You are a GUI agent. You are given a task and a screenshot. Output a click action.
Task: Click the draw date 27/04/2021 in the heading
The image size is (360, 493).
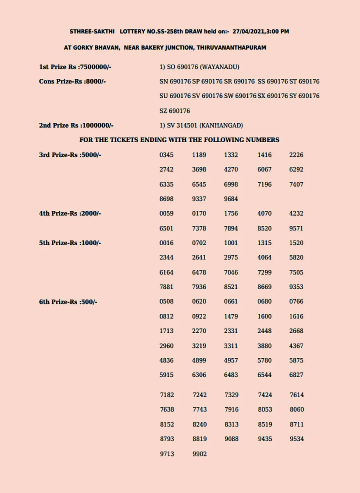(248, 31)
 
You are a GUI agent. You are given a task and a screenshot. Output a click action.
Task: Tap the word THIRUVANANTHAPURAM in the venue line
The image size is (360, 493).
(231, 48)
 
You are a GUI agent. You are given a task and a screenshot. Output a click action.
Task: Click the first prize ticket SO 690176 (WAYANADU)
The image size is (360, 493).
(199, 67)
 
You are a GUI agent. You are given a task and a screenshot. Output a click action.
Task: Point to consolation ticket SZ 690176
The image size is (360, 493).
(175, 111)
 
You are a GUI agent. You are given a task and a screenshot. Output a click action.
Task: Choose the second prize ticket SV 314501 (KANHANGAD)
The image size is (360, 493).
(201, 125)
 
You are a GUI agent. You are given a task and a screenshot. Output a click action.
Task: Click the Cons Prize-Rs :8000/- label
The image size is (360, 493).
(72, 81)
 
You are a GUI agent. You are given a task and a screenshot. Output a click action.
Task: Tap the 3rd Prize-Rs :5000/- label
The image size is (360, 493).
(70, 155)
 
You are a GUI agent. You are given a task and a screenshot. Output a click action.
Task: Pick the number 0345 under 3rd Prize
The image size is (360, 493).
(166, 155)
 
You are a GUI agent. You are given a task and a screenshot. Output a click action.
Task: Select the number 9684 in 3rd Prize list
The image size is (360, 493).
(231, 199)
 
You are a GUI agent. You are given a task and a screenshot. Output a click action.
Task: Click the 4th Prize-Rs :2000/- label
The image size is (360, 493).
(70, 213)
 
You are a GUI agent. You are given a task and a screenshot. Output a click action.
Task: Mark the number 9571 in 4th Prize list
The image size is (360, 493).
(296, 228)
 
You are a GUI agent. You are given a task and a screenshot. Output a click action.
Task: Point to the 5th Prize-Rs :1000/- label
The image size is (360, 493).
(70, 243)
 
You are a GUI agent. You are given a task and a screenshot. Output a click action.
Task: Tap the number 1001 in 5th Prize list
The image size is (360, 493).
(231, 243)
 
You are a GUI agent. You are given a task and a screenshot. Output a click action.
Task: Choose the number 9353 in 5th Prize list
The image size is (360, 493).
(296, 287)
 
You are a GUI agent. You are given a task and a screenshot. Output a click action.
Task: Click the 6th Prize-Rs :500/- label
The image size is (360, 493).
(68, 302)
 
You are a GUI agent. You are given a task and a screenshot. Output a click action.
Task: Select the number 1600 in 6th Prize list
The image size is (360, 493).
(265, 316)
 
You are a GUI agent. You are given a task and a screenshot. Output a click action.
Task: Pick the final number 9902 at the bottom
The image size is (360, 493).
(200, 454)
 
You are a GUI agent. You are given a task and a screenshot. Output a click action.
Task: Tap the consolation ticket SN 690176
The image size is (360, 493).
(175, 81)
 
